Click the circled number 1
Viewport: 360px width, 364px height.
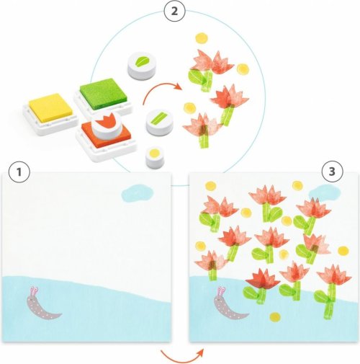[x=19, y=172]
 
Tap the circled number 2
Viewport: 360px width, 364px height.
[x=174, y=11]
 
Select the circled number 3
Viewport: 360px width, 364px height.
[x=332, y=172]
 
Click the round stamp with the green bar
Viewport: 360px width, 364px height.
[x=159, y=123]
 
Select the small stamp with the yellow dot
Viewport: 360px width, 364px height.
[x=154, y=157]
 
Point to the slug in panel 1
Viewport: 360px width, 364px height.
[x=41, y=303]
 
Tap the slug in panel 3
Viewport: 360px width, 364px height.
[x=229, y=303]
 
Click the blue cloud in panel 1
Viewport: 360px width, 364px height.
[x=138, y=192]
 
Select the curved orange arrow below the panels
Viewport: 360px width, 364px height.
[x=182, y=357]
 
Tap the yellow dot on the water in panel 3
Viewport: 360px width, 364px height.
[x=275, y=317]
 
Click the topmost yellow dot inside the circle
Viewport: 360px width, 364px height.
[x=201, y=38]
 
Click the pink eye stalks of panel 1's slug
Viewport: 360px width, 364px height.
[x=34, y=290]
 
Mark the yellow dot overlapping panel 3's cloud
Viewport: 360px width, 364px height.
[x=297, y=185]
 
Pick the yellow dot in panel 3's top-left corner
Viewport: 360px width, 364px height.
[x=210, y=186]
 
